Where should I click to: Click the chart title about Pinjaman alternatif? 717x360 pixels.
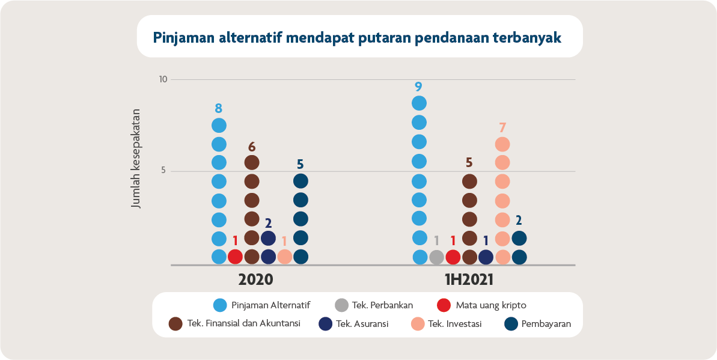[358, 37]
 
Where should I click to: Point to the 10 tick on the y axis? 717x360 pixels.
[163, 79]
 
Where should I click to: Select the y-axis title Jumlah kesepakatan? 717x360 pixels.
[136, 159]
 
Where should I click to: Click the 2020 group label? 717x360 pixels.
[255, 280]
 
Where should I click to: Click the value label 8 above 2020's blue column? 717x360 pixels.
[219, 109]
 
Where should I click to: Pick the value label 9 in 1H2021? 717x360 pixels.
[419, 87]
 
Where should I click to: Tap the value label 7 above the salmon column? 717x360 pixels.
[502, 127]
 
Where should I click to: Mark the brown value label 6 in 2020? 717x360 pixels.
[252, 147]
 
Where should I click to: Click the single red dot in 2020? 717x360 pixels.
[236, 257]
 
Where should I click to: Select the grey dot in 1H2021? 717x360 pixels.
[437, 257]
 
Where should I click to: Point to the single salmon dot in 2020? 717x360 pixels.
[285, 257]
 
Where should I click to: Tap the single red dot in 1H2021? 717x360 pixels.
[453, 257]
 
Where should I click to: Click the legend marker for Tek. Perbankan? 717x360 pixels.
[342, 305]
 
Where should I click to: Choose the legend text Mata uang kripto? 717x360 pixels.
[491, 305]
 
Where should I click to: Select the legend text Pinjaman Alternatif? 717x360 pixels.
[270, 305]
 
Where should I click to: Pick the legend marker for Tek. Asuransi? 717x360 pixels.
[326, 324]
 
